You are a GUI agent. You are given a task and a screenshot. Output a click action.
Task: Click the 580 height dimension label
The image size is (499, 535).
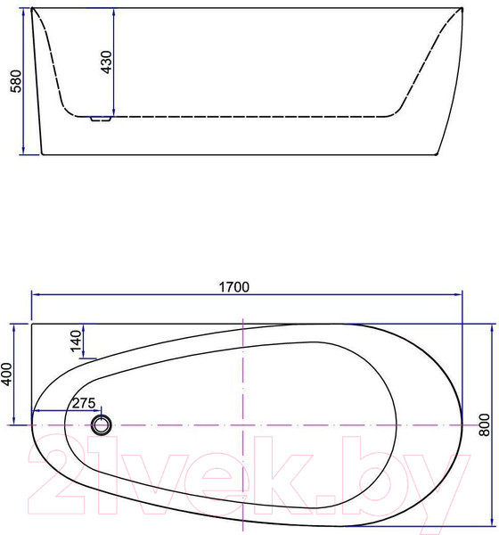[x=16, y=81]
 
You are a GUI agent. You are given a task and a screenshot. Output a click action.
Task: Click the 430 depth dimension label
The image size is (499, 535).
[x=106, y=62]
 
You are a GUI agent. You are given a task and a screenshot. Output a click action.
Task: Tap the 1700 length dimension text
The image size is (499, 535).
[x=234, y=287]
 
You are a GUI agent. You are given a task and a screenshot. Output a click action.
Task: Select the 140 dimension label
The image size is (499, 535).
[x=76, y=341]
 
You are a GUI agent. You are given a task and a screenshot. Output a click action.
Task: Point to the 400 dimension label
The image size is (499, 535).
[x=6, y=374]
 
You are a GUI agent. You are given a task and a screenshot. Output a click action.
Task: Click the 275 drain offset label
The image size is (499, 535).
[x=84, y=403]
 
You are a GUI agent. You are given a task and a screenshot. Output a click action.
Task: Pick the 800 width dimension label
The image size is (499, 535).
[x=485, y=424]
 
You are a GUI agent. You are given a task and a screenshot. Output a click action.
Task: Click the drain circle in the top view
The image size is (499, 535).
[x=102, y=425]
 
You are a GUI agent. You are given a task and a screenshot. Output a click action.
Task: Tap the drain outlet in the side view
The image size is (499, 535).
[x=101, y=119]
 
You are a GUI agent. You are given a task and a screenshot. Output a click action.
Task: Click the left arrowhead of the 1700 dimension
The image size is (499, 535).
[x=36, y=294]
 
